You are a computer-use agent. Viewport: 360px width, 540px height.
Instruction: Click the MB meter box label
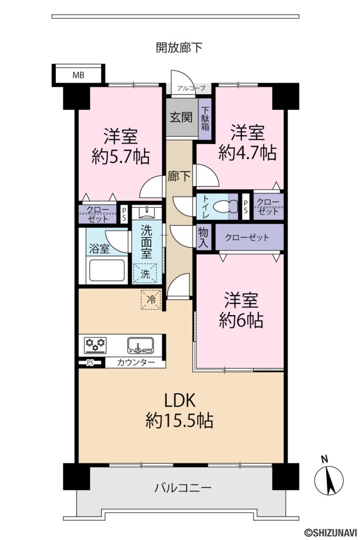[x=78, y=75]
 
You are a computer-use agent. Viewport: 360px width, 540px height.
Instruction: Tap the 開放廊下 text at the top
[x=179, y=47]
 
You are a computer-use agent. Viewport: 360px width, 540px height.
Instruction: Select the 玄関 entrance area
[x=182, y=118]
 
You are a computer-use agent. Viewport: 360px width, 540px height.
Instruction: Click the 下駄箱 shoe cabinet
[x=205, y=119]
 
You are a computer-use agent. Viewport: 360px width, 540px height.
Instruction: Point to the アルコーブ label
[x=191, y=88]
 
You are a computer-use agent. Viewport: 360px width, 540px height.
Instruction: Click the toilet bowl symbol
[x=226, y=207]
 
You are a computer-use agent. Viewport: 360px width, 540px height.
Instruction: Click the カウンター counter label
[x=135, y=362]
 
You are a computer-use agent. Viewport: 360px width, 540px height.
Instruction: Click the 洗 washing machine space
[x=145, y=274]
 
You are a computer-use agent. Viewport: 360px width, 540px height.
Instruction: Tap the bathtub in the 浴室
[x=106, y=271]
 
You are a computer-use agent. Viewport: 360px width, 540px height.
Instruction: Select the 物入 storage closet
[x=203, y=237]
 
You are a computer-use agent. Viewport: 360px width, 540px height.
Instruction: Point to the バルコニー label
[x=183, y=488]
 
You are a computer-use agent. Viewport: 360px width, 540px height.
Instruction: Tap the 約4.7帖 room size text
[x=247, y=152]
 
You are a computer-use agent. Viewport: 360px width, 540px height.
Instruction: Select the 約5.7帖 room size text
[x=121, y=156]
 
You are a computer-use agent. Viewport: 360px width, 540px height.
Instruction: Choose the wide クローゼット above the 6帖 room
[x=249, y=237]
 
